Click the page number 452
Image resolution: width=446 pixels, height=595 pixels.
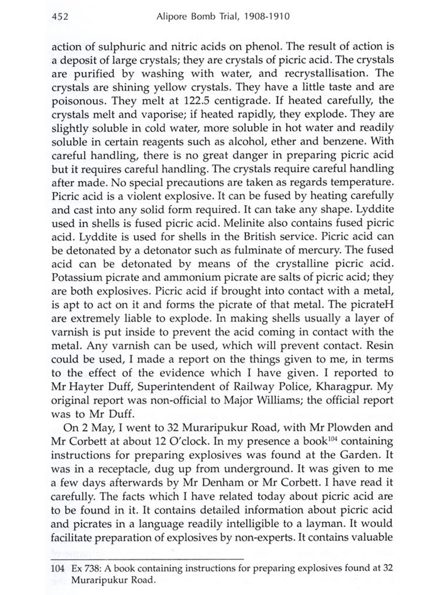point(60,16)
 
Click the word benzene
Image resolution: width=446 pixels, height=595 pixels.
point(344,141)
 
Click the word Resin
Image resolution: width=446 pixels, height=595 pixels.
point(380,346)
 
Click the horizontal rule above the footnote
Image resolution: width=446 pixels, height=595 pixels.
point(147,560)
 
